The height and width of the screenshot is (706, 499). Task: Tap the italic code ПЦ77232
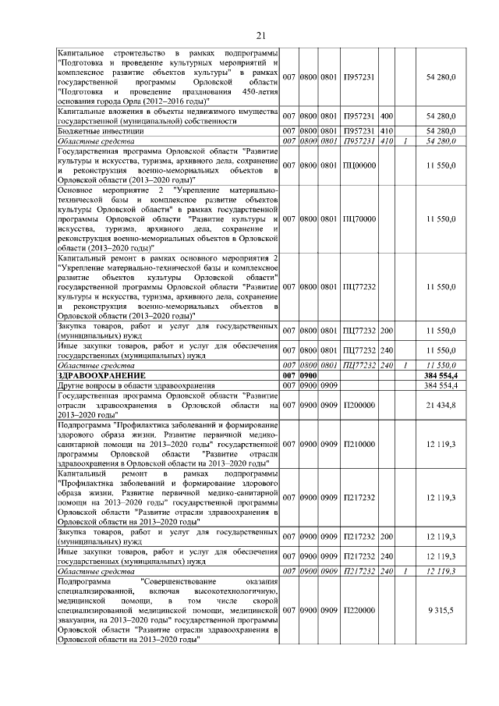[359, 365]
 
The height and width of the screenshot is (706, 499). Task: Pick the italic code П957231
[359, 140]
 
